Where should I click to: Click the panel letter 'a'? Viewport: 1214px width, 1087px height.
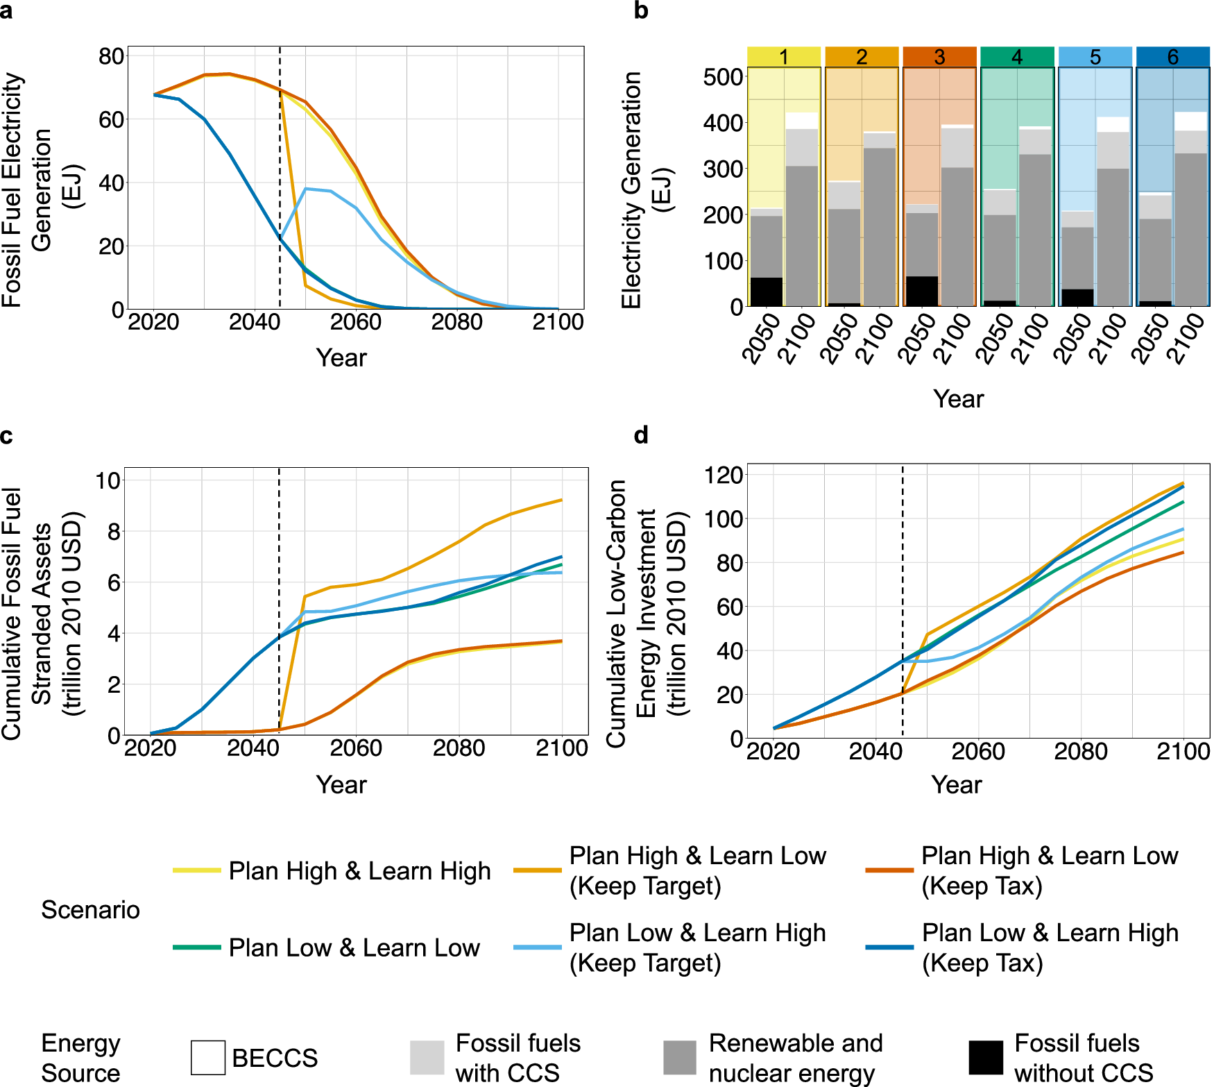6,12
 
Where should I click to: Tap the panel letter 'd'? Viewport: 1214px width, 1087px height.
641,435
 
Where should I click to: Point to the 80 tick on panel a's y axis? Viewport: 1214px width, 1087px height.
111,56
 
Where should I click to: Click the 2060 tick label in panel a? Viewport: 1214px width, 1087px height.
356,322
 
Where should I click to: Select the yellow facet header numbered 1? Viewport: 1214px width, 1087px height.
784,57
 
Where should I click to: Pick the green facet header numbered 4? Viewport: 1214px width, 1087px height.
1017,57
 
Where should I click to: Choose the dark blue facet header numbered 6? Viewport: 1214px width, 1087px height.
1172,57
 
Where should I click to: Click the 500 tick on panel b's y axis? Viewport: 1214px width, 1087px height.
724,76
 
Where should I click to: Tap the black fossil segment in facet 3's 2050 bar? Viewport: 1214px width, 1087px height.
922,291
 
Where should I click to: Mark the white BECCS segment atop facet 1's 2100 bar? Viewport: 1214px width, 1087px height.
802,121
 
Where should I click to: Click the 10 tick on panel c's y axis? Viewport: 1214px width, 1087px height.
108,480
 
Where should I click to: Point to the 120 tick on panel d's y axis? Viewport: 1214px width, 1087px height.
724,475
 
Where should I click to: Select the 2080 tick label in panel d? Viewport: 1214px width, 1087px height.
1080,751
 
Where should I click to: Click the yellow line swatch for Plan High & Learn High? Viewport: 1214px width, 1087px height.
197,870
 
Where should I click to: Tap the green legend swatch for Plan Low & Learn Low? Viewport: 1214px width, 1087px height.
197,947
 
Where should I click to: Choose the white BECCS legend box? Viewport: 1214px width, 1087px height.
208,1057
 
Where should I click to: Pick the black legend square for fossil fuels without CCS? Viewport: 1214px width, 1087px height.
986,1057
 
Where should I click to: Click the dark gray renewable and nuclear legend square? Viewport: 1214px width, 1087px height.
679,1057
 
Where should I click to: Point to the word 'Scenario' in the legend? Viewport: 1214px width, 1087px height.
90,909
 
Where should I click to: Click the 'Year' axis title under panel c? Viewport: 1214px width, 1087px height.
341,784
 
